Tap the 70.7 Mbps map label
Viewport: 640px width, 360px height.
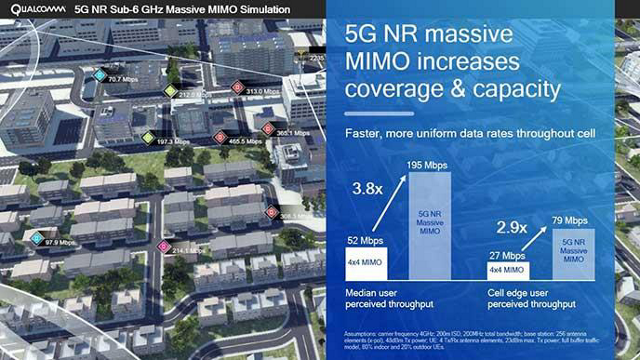click(x=123, y=78)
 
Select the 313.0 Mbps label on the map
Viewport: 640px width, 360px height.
click(x=262, y=90)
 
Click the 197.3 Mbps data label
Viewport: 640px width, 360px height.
click(x=173, y=142)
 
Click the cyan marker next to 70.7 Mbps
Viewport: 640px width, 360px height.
click(x=99, y=75)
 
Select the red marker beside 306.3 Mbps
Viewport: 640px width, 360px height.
click(x=269, y=212)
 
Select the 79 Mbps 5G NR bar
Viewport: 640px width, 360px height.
click(x=573, y=252)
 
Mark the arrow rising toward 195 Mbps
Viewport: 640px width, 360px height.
click(x=390, y=203)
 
